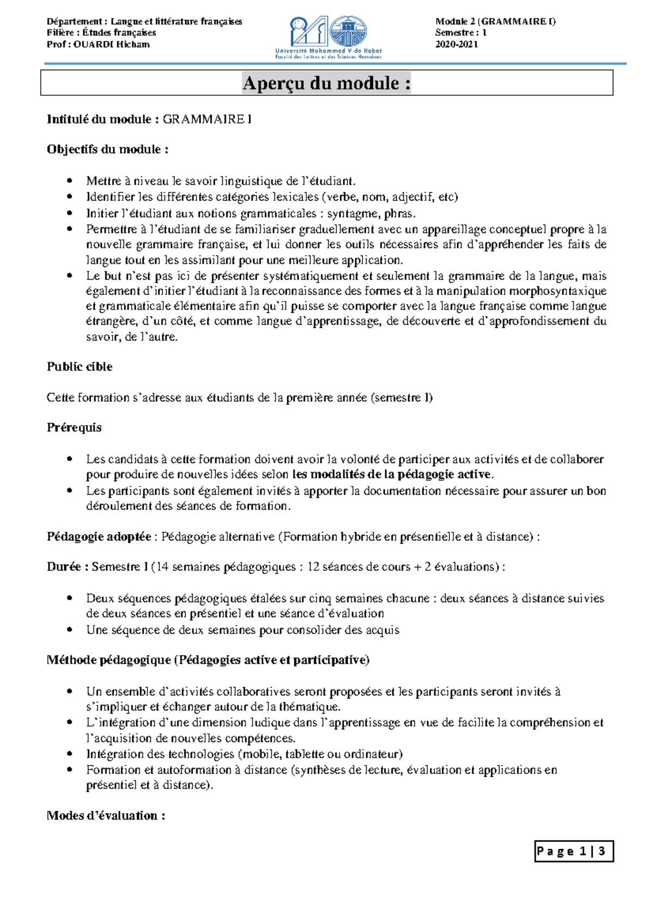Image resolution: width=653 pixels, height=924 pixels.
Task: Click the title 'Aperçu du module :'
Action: click(326, 83)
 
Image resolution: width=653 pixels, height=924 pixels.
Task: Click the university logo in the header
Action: click(328, 37)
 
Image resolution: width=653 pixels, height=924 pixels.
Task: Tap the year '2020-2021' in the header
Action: click(456, 45)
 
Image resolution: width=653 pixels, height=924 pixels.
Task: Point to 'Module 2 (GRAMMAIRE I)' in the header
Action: click(495, 22)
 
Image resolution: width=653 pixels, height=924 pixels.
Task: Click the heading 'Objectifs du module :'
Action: click(107, 149)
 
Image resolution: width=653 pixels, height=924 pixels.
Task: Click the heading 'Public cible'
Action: click(79, 367)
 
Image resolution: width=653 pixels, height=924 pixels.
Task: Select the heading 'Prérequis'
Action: click(74, 428)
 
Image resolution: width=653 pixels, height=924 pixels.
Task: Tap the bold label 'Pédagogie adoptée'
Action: click(99, 537)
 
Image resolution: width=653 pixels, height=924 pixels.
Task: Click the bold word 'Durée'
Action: click(64, 567)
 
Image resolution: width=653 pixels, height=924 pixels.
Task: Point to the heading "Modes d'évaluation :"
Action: click(106, 816)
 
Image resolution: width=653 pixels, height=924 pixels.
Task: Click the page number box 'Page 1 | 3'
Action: click(573, 852)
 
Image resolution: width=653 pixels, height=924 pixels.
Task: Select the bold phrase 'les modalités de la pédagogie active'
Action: click(391, 475)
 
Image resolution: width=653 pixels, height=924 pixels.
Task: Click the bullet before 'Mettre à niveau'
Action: click(69, 181)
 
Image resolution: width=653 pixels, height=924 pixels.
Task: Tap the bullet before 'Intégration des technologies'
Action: click(69, 754)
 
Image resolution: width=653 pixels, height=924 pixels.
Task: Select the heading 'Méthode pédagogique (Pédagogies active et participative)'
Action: click(208, 661)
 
